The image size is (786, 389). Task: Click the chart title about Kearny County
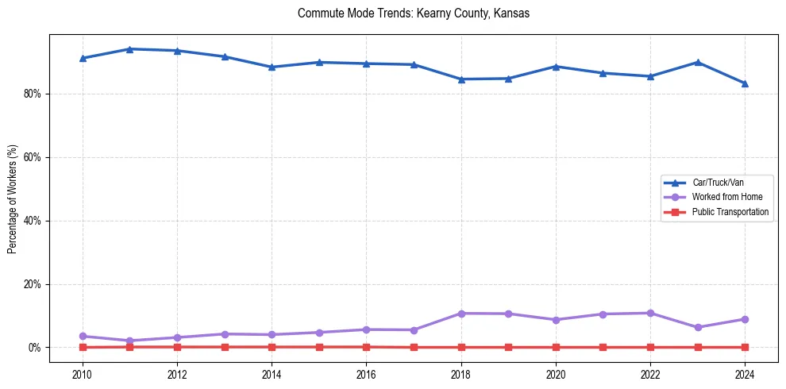pyautogui.click(x=413, y=13)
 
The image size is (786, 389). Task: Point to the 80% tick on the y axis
pyautogui.click(x=33, y=94)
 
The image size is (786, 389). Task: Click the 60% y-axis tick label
pyautogui.click(x=33, y=157)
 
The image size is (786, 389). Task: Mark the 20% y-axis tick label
pyautogui.click(x=33, y=284)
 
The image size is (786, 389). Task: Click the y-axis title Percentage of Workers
pyautogui.click(x=12, y=198)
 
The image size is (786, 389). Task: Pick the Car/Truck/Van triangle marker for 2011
pyautogui.click(x=130, y=49)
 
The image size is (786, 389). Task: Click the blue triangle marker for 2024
pyautogui.click(x=745, y=83)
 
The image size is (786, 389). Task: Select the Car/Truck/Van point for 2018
pyautogui.click(x=461, y=79)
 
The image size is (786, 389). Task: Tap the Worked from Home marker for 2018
pyautogui.click(x=461, y=314)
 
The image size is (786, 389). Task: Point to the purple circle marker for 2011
pyautogui.click(x=130, y=341)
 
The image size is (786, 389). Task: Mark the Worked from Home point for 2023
pyautogui.click(x=698, y=327)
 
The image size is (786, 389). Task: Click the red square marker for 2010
pyautogui.click(x=83, y=347)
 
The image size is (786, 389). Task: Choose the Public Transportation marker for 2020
pyautogui.click(x=556, y=347)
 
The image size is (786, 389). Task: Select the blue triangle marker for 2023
pyautogui.click(x=698, y=62)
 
